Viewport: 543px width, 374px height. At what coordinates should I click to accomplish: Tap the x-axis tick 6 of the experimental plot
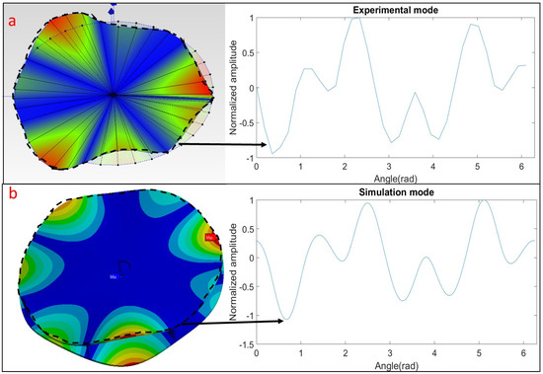pyautogui.click(x=521, y=166)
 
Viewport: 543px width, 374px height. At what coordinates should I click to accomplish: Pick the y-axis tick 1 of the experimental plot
pyautogui.click(x=250, y=18)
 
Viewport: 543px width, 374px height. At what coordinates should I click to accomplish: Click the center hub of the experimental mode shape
pyautogui.click(x=114, y=95)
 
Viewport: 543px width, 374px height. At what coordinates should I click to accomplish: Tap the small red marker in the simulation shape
pyautogui.click(x=209, y=238)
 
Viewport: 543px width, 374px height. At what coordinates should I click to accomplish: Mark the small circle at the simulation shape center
pyautogui.click(x=122, y=264)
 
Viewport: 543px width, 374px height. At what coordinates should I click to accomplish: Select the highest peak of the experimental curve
pyautogui.click(x=356, y=18)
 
